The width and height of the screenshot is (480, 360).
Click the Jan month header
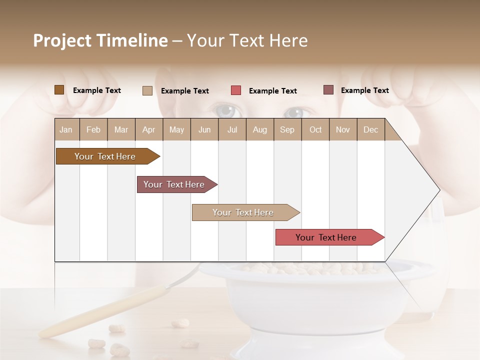pyautogui.click(x=66, y=130)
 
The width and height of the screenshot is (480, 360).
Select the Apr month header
pyautogui.click(x=149, y=130)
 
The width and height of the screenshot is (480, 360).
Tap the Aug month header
pyautogui.click(x=260, y=130)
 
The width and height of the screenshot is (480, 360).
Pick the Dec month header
pyautogui.click(x=371, y=130)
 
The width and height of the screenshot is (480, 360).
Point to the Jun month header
pyautogui.click(x=204, y=130)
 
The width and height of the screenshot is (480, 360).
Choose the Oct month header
pyautogui.click(x=315, y=130)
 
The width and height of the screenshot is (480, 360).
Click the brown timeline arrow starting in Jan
pyautogui.click(x=105, y=156)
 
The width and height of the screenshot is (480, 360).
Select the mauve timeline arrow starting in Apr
pyautogui.click(x=174, y=184)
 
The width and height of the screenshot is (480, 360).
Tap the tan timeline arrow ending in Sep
pyautogui.click(x=243, y=212)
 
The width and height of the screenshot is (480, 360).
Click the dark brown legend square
pyautogui.click(x=59, y=90)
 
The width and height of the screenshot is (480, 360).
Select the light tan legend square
pyautogui.click(x=147, y=90)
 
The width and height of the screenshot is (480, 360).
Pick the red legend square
pyautogui.click(x=236, y=90)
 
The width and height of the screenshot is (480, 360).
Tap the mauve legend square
pyautogui.click(x=328, y=90)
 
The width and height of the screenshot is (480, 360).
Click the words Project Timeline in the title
pyautogui.click(x=100, y=40)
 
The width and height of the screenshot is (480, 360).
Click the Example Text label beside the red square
pyautogui.click(x=273, y=91)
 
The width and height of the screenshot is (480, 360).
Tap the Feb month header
pyautogui.click(x=93, y=130)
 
